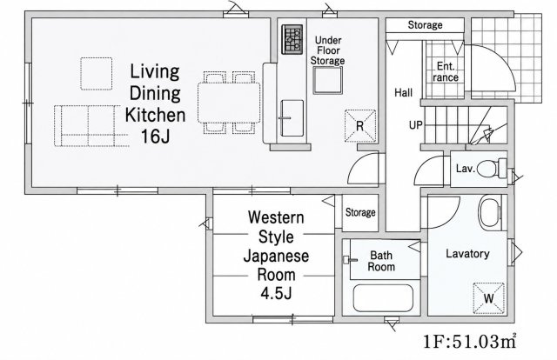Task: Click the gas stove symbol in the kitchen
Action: tap(292, 39)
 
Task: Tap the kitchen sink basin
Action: tap(292, 118)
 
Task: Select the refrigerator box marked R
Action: tap(360, 126)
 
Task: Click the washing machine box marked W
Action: tap(489, 298)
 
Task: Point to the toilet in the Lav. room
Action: tap(492, 169)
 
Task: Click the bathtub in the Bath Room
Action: tap(383, 298)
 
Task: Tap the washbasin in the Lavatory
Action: tap(489, 213)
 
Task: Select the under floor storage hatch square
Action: tap(327, 80)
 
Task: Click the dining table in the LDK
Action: tap(229, 103)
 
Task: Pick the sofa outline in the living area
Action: tap(91, 126)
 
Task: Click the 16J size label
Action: tap(155, 136)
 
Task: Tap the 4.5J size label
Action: tap(276, 294)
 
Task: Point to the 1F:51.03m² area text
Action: tap(470, 342)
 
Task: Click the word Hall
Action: tap(404, 93)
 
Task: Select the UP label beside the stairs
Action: tap(416, 125)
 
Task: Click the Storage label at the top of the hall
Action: tap(426, 25)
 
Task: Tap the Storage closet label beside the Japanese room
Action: tap(360, 212)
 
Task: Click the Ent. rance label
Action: tap(446, 71)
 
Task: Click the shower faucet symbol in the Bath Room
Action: tap(350, 260)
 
